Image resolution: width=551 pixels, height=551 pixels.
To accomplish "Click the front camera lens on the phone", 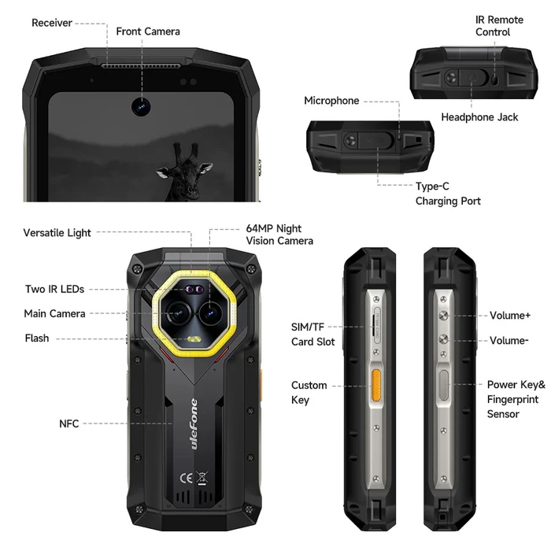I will point(142,105).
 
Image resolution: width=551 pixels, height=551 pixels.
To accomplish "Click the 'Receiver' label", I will point(52,23).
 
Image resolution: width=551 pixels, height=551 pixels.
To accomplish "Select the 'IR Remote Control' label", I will point(499,26).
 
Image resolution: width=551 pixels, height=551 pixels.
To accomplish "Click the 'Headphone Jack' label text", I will point(479,117).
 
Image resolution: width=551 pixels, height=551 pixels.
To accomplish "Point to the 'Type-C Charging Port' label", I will point(448,194).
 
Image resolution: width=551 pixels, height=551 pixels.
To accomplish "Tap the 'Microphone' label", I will point(331,101).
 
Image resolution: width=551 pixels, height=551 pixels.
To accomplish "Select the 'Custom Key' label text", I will point(309,392).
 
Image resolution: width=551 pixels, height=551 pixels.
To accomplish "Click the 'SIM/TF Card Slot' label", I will point(312,334).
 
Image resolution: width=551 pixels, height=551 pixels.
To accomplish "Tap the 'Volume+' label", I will point(510,315).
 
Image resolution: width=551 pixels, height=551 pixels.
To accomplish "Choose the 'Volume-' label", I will point(509,341).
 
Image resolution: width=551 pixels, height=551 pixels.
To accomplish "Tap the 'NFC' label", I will point(69,423).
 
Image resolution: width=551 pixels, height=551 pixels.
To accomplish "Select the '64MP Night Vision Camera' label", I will point(279,235).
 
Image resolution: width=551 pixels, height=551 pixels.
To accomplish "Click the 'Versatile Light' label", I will point(57,233).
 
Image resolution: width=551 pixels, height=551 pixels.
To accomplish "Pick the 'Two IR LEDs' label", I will point(54,289).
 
